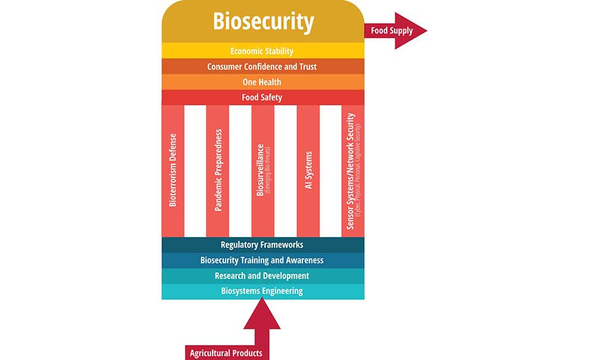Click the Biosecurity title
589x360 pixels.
[x=262, y=22]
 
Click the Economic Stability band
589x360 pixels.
[x=262, y=51]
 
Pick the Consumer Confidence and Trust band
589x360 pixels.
[x=262, y=67]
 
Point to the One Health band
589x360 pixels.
[x=262, y=82]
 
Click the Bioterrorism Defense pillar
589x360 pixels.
[x=173, y=170]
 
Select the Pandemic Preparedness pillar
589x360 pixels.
[x=218, y=170]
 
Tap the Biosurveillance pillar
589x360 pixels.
[x=263, y=170]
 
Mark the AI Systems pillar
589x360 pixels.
[x=308, y=170]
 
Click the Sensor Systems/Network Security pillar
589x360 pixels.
[x=353, y=170]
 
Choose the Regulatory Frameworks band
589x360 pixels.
[x=262, y=245]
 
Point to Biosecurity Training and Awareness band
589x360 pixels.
[x=262, y=261]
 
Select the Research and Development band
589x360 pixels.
[x=262, y=276]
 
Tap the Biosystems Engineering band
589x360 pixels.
[x=262, y=291]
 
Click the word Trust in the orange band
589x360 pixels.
[x=306, y=67]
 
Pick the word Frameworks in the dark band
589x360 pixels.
[x=281, y=245]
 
